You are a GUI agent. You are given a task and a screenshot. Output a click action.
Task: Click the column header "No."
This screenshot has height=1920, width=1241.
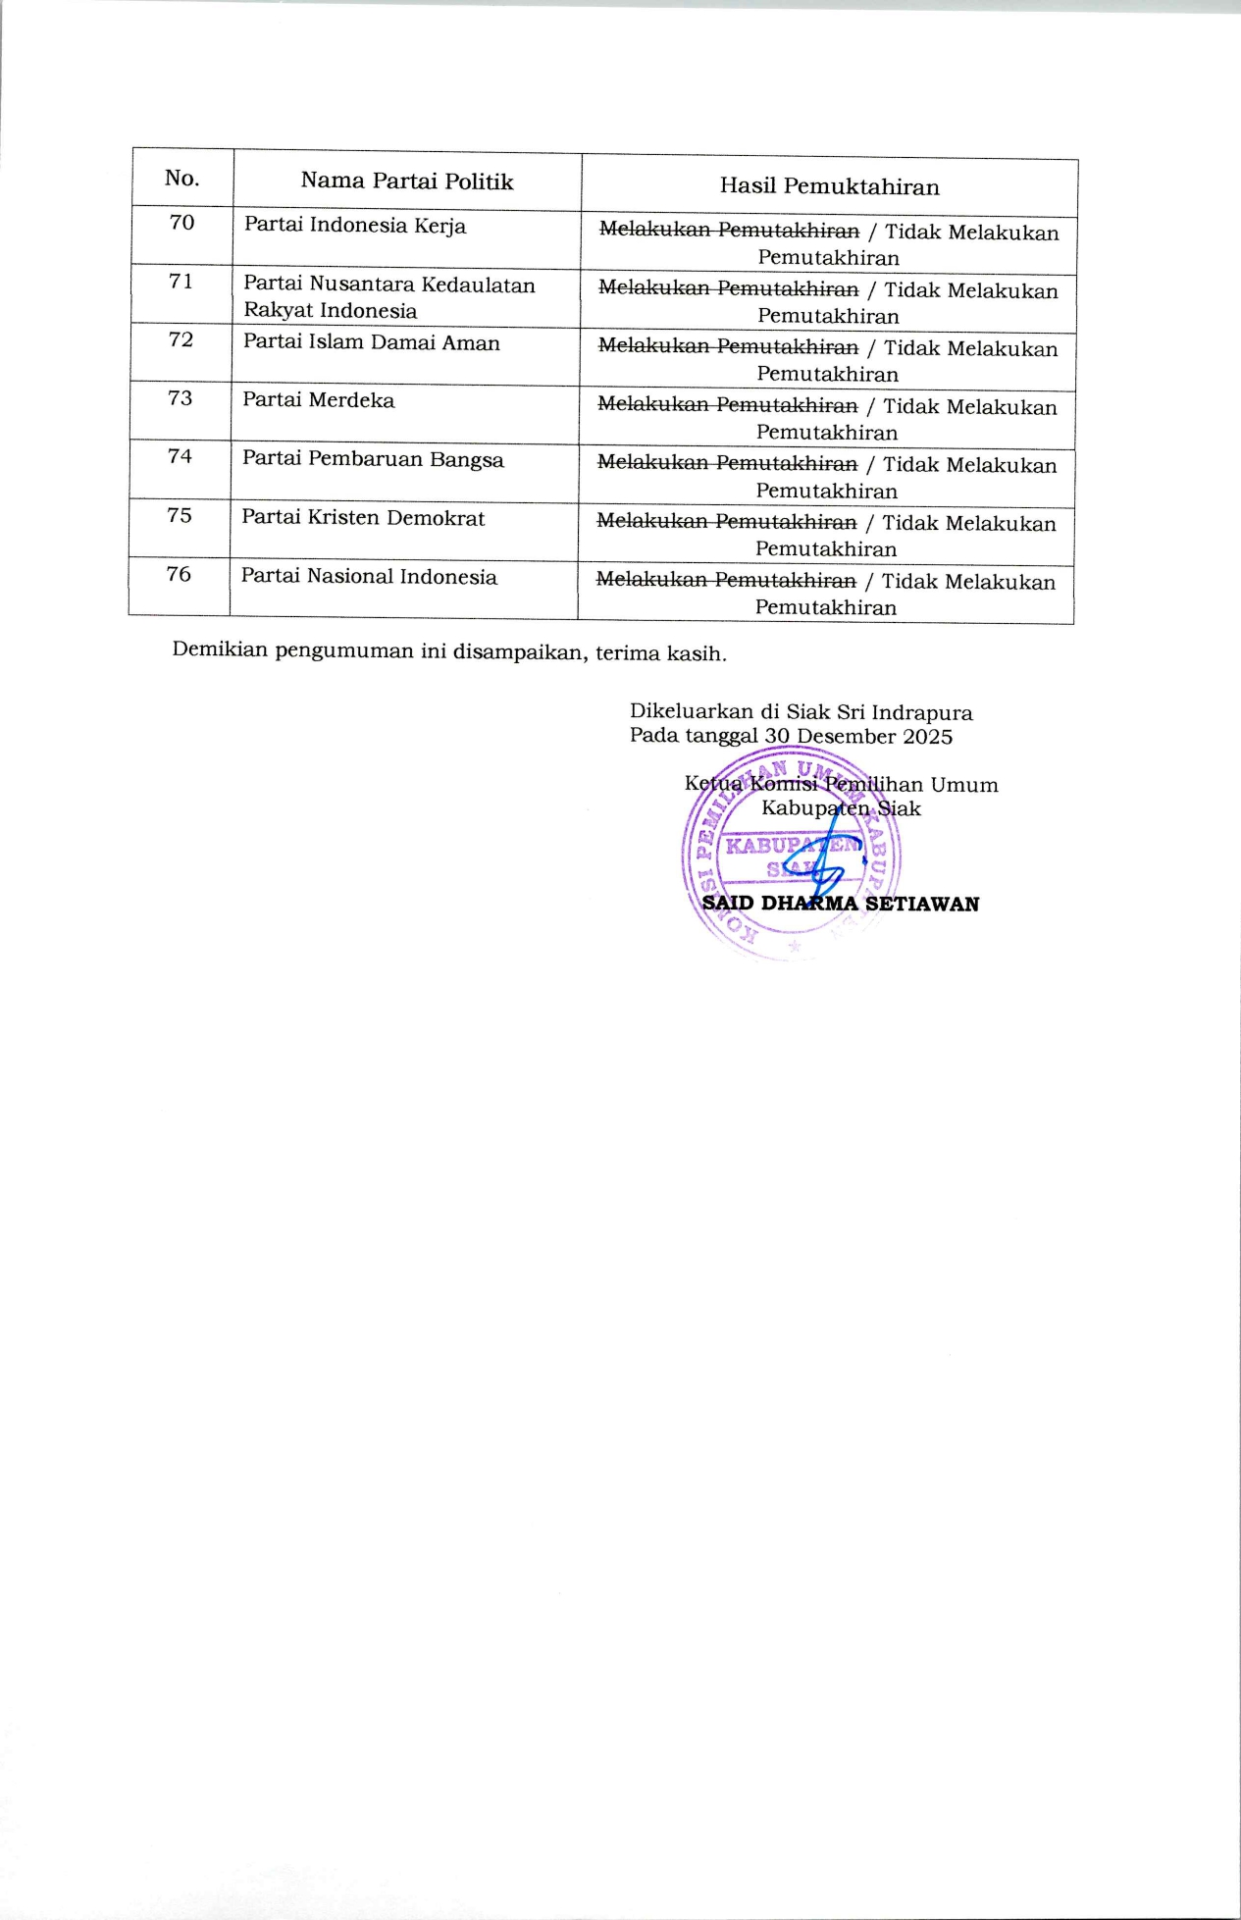pos(181,179)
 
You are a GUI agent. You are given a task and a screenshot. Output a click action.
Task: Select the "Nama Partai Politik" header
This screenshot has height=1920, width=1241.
pos(406,182)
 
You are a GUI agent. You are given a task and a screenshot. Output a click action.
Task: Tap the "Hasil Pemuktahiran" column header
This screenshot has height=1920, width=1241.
pos(829,186)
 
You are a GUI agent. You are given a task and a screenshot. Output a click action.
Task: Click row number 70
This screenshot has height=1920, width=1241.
pos(181,224)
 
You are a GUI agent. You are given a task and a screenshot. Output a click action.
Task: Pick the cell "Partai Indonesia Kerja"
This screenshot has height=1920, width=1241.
pos(355,226)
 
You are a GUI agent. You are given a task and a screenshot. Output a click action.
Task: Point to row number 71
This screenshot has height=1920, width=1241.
pos(181,283)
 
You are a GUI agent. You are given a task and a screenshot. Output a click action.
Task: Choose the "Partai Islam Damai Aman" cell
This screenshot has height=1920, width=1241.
pos(372,343)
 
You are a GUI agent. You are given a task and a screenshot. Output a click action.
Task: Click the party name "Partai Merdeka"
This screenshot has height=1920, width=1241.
pos(319,401)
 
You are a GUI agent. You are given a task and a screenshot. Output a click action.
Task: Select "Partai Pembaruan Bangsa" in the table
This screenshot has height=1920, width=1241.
pos(373,460)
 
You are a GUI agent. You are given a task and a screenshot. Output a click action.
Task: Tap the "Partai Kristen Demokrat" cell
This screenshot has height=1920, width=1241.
pos(363,518)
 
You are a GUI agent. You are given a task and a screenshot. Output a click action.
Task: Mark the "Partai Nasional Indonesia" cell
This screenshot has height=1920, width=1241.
pos(369,577)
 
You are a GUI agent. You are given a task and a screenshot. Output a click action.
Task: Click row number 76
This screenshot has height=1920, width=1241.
pos(179,575)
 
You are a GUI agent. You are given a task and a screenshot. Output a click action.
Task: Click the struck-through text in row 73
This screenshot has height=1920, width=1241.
pos(727,405)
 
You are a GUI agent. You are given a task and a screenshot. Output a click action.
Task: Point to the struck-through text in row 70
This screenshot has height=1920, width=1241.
pos(729,231)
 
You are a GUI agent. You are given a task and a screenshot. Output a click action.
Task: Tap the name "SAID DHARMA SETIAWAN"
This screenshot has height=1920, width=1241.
pos(841,904)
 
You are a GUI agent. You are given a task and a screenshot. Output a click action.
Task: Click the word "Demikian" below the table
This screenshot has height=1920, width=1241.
pos(220,650)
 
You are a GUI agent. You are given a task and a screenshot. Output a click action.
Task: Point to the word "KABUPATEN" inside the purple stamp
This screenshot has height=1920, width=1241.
pos(791,845)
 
